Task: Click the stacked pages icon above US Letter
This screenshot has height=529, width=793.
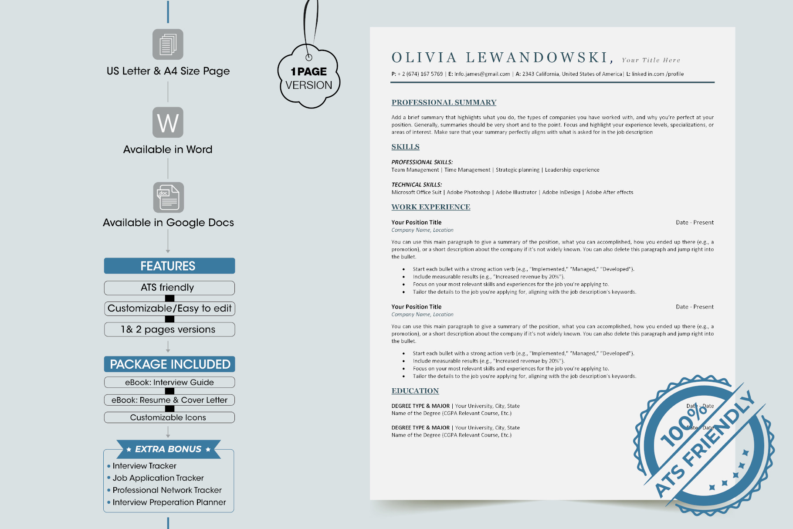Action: [168, 44]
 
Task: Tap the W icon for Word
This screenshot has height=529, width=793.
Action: [168, 122]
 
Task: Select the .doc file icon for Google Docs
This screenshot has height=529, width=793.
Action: [169, 197]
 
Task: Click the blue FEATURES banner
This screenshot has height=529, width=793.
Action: [169, 266]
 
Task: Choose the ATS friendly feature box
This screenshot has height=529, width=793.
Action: [169, 288]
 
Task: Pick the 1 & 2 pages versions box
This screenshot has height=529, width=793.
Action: [169, 329]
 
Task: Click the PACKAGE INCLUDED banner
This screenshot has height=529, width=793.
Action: [169, 364]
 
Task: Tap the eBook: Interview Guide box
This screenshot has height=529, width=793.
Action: [169, 382]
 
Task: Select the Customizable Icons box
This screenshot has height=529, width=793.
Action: [169, 417]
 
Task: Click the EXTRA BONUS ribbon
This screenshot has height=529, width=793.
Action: [169, 449]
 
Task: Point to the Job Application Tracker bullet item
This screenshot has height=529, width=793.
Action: [158, 478]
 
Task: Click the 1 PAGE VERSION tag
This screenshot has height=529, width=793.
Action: [309, 78]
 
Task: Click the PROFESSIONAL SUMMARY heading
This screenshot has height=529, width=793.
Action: [444, 102]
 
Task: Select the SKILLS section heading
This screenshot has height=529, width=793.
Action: [405, 147]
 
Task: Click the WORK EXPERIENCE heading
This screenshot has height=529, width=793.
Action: [430, 207]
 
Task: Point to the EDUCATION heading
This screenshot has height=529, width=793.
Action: [415, 391]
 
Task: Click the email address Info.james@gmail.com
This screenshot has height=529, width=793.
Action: [482, 74]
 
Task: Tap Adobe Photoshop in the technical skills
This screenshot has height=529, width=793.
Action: [468, 192]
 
